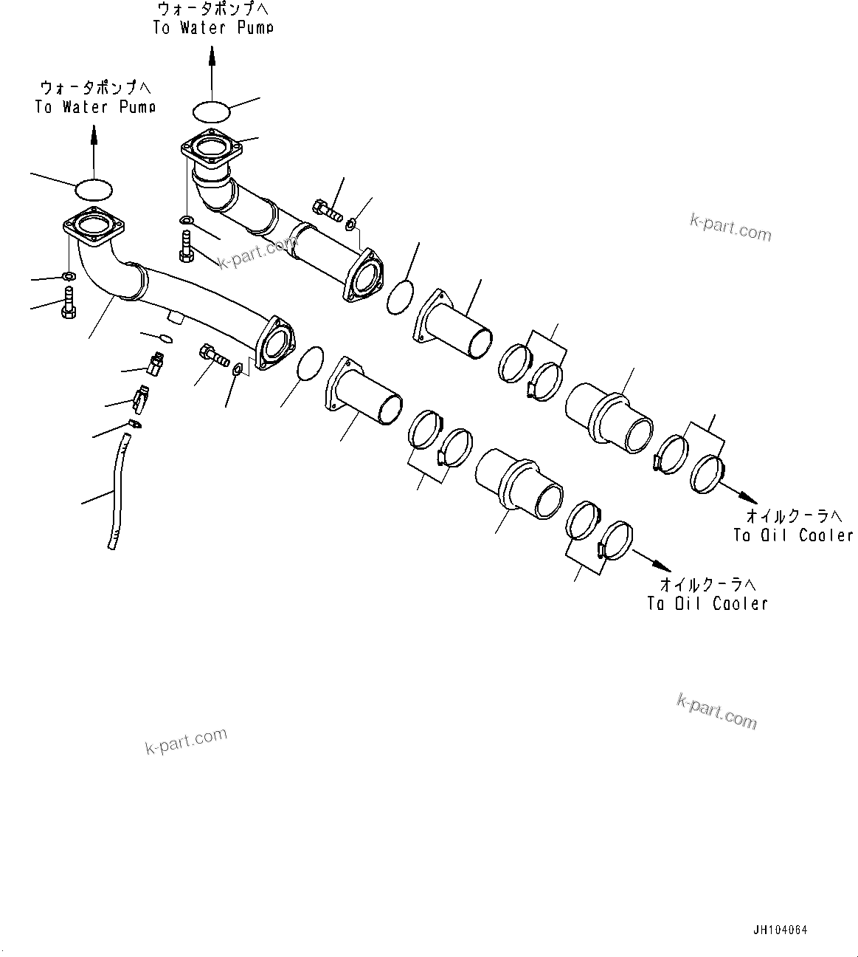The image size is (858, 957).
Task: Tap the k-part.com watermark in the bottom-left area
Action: coord(186,741)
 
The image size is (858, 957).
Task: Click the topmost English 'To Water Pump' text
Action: coord(213,28)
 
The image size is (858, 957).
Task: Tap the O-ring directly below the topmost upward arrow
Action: coord(212,112)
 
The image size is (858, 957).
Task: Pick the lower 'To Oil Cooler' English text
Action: coord(707,603)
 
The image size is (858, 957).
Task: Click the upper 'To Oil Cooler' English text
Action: coord(793,535)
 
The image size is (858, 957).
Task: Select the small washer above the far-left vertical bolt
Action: coord(68,277)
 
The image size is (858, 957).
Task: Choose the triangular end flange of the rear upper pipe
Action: coord(364,277)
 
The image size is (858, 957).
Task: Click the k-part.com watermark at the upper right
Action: coord(730,227)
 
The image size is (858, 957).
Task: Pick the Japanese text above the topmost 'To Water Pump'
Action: coord(213,9)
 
